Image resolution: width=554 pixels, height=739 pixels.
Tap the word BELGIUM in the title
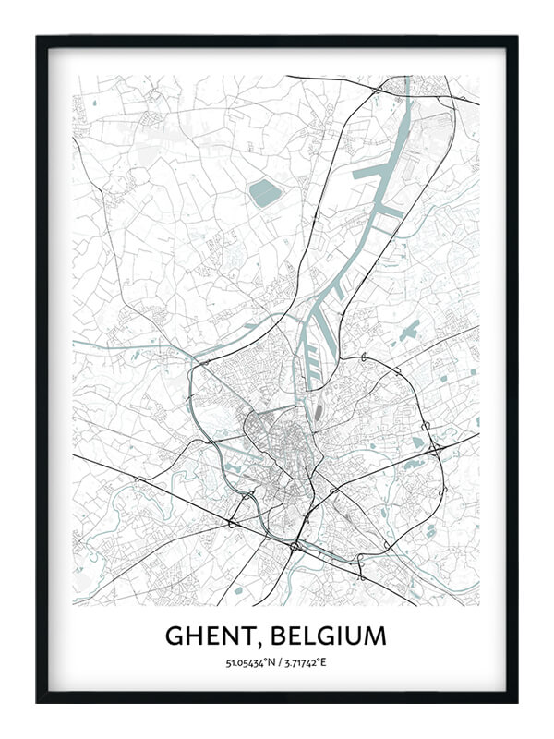328,636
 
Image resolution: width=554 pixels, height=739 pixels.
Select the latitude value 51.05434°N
248,663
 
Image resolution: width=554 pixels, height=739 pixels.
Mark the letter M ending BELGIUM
375,636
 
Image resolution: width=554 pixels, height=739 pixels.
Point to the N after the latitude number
270,663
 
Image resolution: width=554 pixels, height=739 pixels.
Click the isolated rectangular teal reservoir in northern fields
264,192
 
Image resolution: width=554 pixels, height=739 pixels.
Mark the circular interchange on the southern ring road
294,547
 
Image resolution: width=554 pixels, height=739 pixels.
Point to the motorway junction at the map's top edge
378,90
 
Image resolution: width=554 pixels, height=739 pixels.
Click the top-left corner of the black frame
38,37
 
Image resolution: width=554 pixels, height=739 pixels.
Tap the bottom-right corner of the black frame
516,701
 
